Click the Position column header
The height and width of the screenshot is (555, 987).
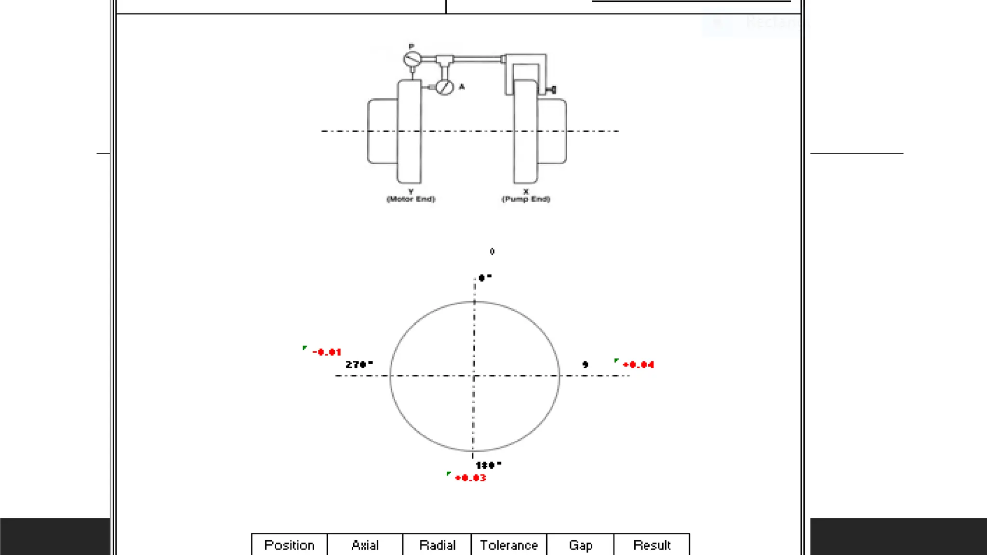(289, 545)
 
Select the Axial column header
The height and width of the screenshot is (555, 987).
(365, 545)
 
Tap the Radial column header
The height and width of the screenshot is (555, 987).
(437, 545)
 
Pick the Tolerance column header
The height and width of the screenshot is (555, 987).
(509, 545)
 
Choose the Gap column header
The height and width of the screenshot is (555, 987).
(580, 545)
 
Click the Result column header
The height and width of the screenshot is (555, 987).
(652, 545)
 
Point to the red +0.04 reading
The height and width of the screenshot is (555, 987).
(638, 365)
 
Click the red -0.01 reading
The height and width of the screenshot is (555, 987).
(327, 352)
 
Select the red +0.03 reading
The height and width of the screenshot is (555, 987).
(470, 478)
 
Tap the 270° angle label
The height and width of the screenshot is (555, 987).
(359, 364)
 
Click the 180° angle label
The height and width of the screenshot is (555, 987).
(488, 465)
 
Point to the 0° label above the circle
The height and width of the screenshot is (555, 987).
(484, 277)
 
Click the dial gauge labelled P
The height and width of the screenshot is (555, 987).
(412, 59)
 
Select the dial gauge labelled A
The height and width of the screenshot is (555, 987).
(444, 87)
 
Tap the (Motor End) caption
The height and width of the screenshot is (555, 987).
(411, 199)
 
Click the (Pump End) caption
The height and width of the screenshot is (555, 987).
(526, 199)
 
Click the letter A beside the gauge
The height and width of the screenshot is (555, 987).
(462, 87)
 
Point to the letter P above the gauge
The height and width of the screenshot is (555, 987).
(411, 46)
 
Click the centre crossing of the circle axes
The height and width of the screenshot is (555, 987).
(474, 375)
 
